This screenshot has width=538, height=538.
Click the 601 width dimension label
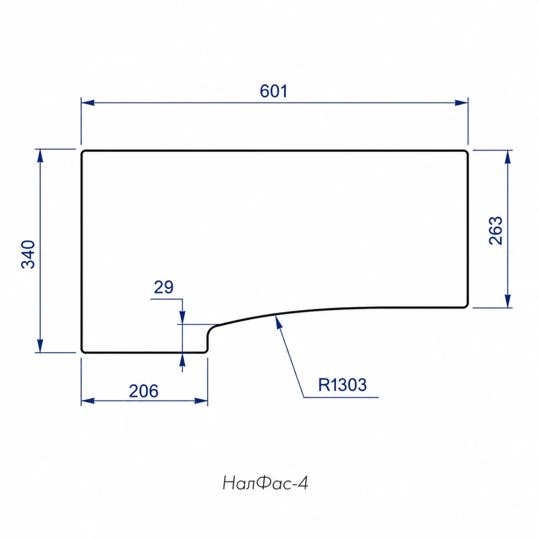(273, 91)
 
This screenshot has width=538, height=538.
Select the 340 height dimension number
(28, 254)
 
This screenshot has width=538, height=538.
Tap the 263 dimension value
(496, 231)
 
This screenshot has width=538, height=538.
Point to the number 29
(164, 287)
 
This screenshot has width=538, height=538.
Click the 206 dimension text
(143, 391)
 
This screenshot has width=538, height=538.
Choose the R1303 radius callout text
(342, 385)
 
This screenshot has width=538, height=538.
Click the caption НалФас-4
(265, 484)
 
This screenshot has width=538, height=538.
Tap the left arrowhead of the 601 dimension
(88, 103)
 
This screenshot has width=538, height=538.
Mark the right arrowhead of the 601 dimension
(461, 103)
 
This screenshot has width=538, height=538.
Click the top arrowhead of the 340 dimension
(40, 156)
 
